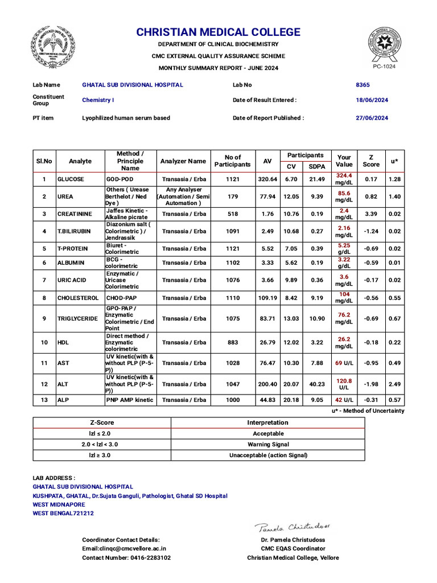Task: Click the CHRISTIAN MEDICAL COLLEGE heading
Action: [x=218, y=32]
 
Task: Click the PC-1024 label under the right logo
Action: [x=384, y=67]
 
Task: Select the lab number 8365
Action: [x=362, y=85]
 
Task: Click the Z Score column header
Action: [x=371, y=161]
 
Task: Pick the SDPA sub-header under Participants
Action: [x=317, y=166]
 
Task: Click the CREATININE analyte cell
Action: [x=74, y=214]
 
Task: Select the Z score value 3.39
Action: [x=371, y=214]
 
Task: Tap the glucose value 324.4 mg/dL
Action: [x=344, y=179]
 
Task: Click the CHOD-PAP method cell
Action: [x=121, y=298]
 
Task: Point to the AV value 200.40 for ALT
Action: [x=267, y=384]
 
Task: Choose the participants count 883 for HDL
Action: [x=233, y=342]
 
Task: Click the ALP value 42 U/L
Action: [x=344, y=400]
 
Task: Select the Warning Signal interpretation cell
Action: [x=267, y=444]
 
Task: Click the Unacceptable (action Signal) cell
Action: [x=267, y=455]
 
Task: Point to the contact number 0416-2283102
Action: [x=126, y=558]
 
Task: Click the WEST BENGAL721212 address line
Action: [x=63, y=513]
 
